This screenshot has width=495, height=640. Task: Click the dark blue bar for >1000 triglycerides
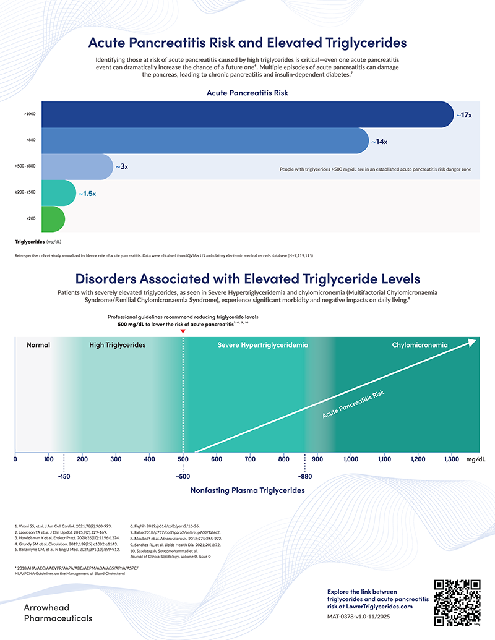(x=247, y=114)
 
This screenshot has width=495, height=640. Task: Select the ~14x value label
(x=379, y=142)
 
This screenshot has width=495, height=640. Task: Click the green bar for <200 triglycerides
(x=53, y=220)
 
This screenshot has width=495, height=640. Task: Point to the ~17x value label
(x=464, y=115)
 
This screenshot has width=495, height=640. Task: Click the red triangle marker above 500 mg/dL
(x=183, y=332)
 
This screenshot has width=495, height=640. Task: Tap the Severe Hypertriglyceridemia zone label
(x=262, y=344)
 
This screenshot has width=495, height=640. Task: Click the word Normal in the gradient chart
(x=38, y=344)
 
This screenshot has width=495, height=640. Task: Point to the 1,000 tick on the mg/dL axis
(x=351, y=459)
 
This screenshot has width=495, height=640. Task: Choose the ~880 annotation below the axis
(x=304, y=477)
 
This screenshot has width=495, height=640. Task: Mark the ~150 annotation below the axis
(x=64, y=477)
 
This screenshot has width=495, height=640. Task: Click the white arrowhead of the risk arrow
(x=471, y=341)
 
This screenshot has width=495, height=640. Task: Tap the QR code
(x=458, y=602)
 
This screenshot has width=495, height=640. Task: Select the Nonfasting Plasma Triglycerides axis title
(x=247, y=490)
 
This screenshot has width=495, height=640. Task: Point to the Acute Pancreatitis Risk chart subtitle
(x=247, y=93)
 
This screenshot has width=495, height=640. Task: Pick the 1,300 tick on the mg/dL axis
(x=452, y=459)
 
